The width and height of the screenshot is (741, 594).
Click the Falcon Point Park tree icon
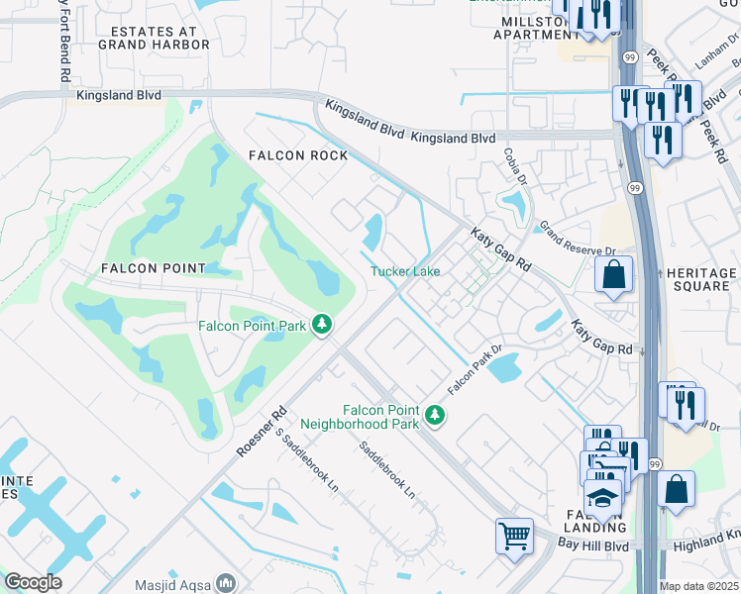[322, 324]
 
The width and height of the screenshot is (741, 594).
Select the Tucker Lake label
[405, 271]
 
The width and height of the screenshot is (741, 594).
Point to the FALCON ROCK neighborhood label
[298, 155]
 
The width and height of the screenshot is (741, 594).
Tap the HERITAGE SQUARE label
[701, 279]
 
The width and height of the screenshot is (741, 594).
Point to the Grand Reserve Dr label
[577, 240]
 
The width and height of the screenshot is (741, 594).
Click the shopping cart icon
[514, 538]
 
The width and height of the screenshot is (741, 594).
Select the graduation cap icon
[601, 500]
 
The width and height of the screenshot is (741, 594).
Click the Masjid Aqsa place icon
[227, 582]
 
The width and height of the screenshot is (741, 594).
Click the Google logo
[33, 582]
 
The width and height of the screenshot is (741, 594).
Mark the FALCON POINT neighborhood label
[153, 268]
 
